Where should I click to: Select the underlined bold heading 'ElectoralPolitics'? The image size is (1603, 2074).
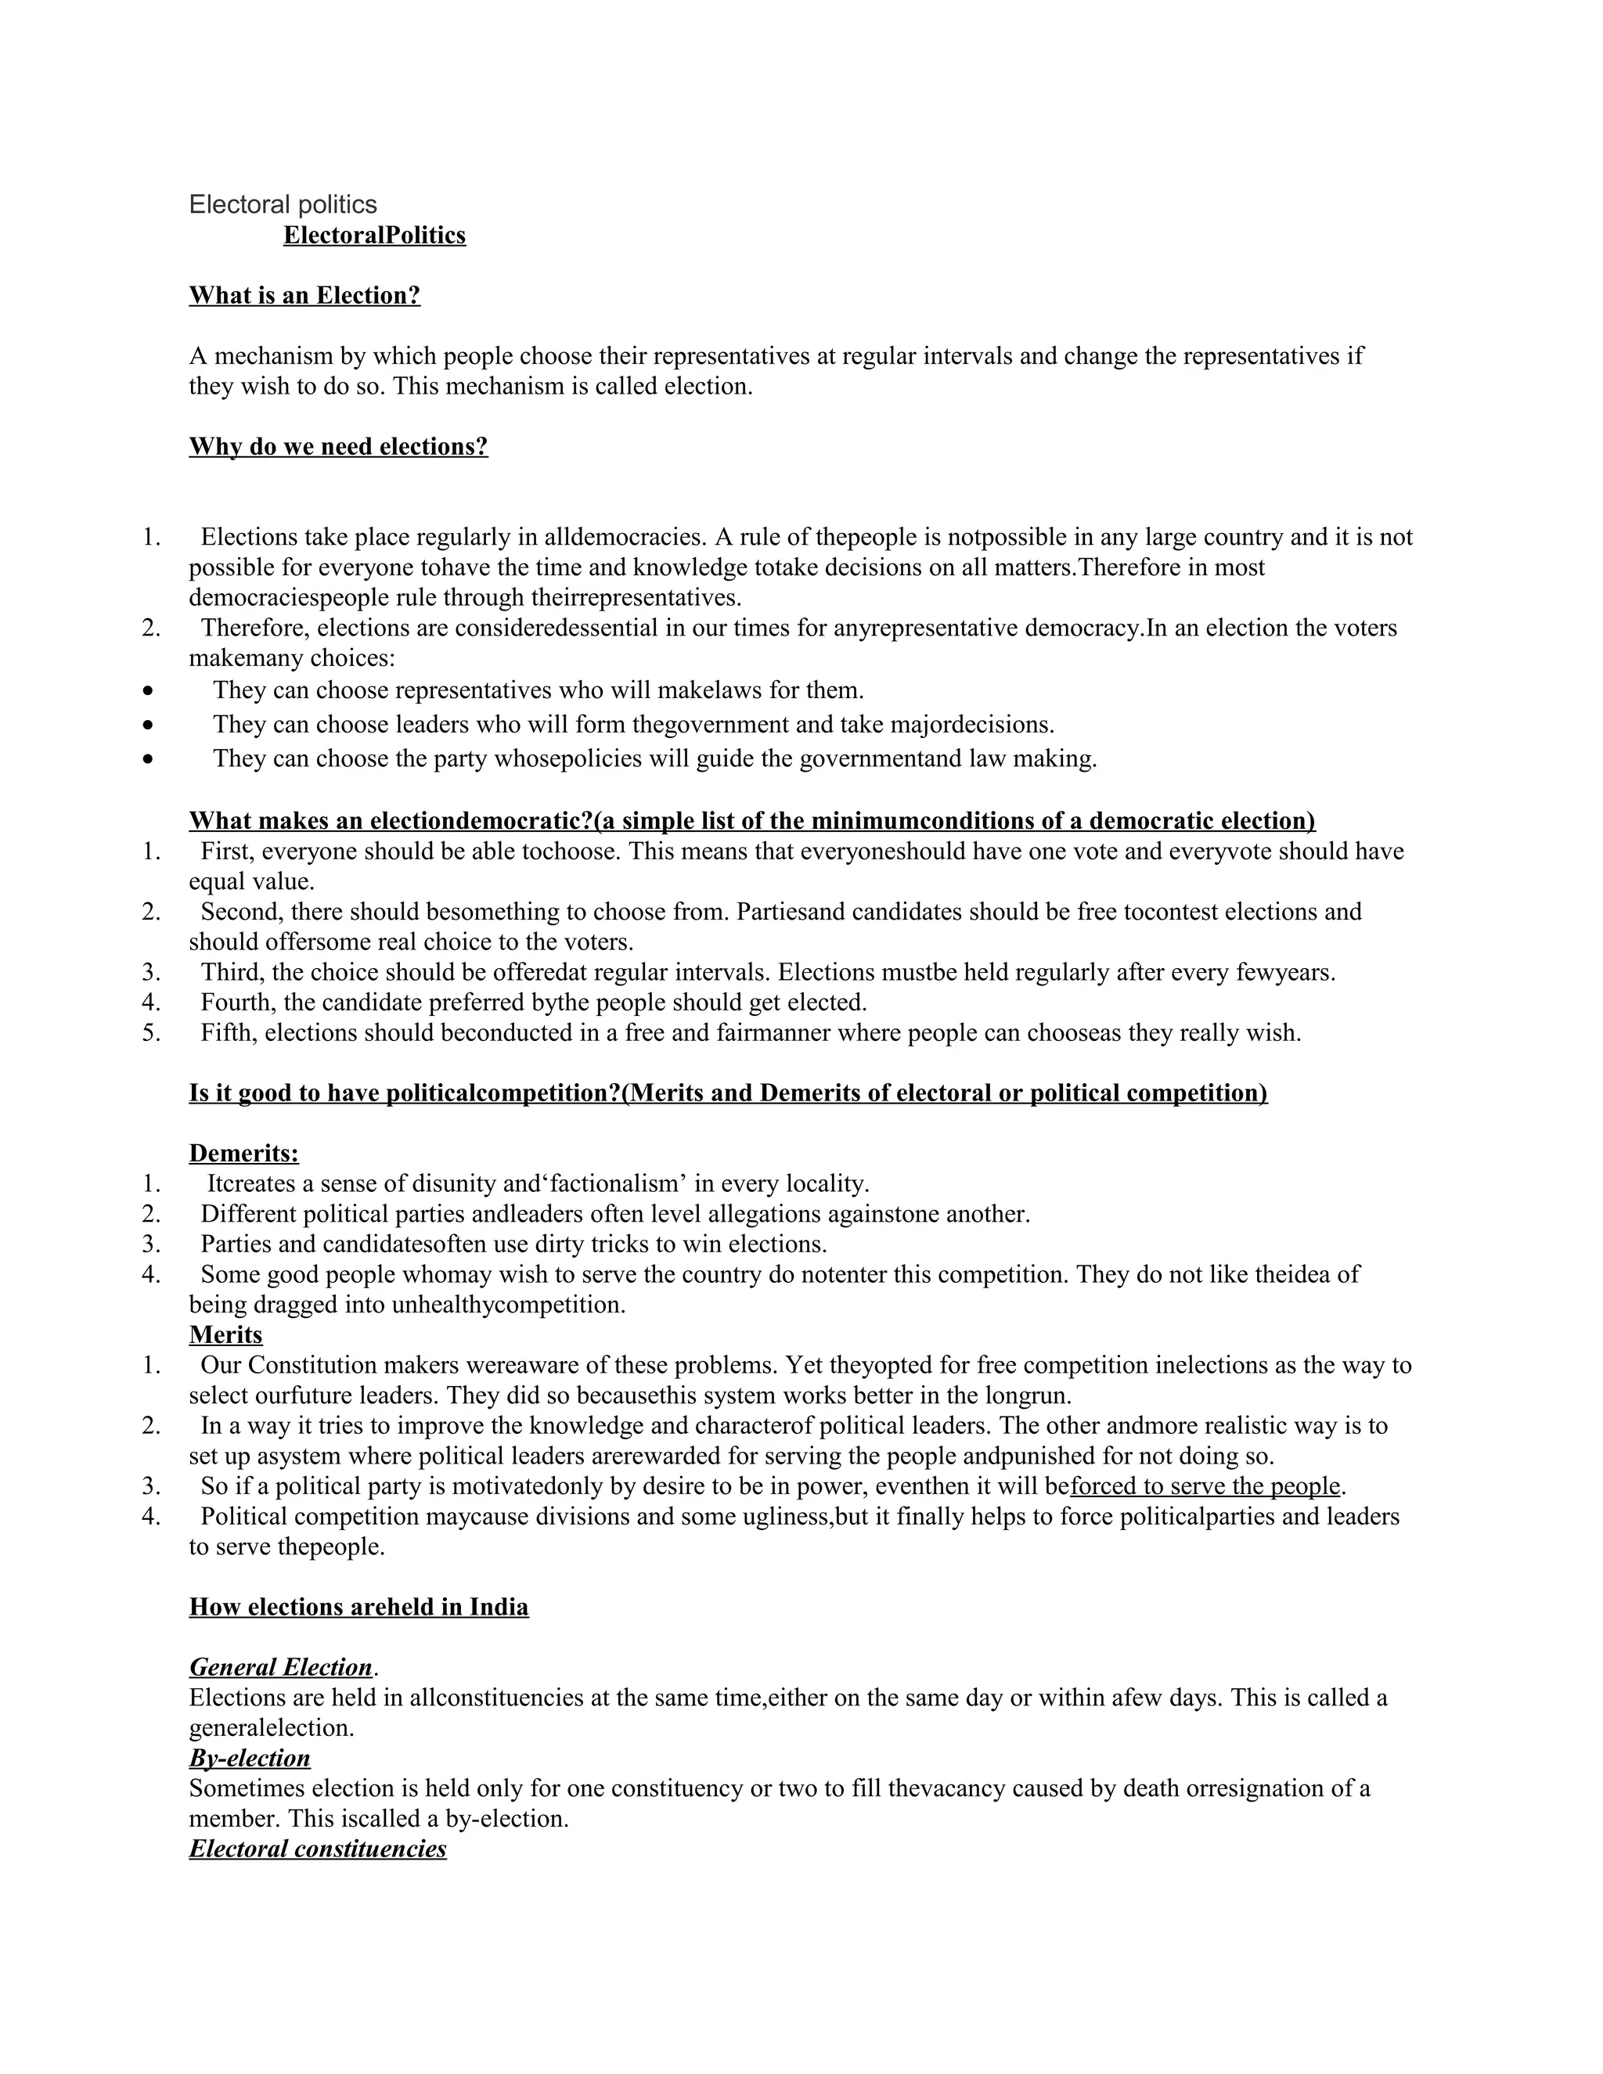374,235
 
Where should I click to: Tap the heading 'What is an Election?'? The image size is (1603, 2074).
304,295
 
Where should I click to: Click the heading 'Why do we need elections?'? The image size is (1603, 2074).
338,446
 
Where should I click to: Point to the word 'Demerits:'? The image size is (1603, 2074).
243,1153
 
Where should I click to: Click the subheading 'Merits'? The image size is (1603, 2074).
225,1334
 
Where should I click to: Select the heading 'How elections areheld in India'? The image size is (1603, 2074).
358,1607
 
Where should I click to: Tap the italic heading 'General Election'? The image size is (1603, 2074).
280,1668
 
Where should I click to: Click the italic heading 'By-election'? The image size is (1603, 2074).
249,1758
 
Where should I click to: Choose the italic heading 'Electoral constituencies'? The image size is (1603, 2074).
317,1848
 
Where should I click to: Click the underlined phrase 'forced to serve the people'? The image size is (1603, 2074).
1204,1486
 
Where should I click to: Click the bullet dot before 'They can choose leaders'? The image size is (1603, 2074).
147,726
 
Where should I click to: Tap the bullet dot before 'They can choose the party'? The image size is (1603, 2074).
147,760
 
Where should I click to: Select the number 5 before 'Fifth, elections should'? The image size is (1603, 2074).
150,1032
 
